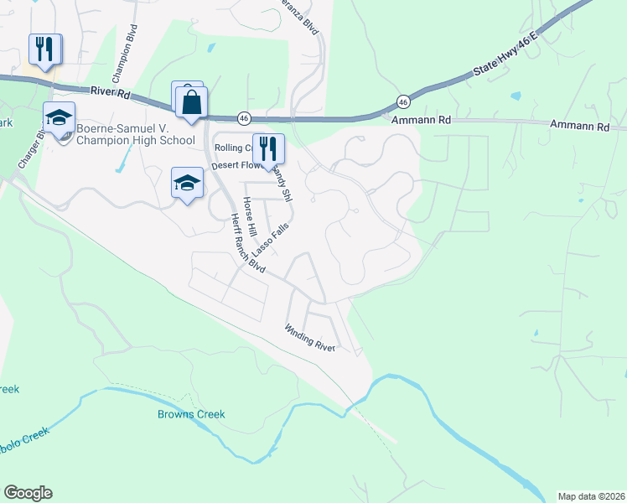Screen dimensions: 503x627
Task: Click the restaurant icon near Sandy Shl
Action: click(x=268, y=148)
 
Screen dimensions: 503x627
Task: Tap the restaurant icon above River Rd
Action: click(x=45, y=49)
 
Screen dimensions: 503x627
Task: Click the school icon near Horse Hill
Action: click(x=187, y=182)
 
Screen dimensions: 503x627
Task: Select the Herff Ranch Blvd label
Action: click(x=247, y=243)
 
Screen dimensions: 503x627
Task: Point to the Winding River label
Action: click(x=309, y=337)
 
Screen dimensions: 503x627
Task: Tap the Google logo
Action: click(x=28, y=493)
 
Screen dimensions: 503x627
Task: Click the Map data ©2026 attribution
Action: click(x=591, y=495)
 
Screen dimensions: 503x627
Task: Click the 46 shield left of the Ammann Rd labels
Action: click(x=403, y=101)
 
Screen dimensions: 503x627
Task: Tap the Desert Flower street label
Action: click(x=237, y=165)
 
